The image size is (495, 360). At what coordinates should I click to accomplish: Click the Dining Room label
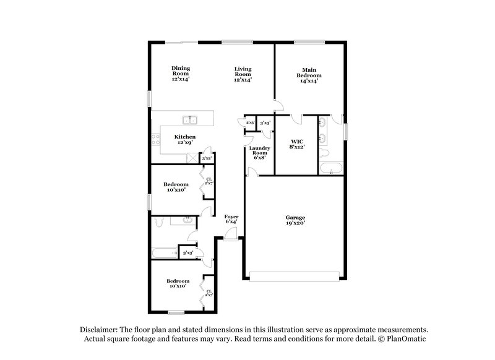tap(181, 74)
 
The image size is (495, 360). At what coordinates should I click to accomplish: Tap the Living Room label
tap(243, 74)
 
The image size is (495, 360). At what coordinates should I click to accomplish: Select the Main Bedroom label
tap(309, 75)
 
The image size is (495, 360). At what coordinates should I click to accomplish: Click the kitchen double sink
tap(189, 120)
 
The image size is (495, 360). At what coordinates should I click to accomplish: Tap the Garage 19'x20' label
tap(295, 221)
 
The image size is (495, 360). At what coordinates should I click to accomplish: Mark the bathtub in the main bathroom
tap(332, 168)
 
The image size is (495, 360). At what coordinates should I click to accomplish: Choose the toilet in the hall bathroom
tap(158, 221)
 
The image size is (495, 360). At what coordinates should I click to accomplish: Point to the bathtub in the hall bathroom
tap(164, 252)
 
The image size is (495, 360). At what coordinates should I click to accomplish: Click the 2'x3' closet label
tap(251, 123)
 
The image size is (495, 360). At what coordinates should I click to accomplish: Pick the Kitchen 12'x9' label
tap(184, 140)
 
